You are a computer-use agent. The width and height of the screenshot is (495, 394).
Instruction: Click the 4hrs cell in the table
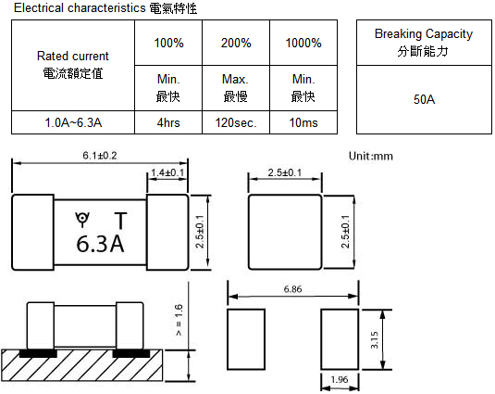tap(168, 122)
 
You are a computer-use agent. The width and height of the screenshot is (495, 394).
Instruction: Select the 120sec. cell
tap(236, 122)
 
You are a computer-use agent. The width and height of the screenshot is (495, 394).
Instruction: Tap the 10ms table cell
tap(303, 122)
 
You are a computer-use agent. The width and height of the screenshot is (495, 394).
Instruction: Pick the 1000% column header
tap(303, 43)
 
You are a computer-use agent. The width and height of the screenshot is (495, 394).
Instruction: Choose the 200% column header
tap(236, 43)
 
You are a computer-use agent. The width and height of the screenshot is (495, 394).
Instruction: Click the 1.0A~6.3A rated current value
tap(73, 122)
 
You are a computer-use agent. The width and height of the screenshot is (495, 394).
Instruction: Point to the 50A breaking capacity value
tap(424, 99)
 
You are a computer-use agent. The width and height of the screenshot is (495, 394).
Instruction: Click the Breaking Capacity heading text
tap(424, 33)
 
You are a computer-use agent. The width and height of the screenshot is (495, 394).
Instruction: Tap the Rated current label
tap(72, 56)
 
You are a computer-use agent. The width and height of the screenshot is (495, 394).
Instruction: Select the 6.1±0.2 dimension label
tap(100, 156)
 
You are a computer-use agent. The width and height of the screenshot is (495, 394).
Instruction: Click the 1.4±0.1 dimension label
tap(167, 172)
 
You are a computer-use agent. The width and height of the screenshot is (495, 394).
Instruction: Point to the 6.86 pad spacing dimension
tap(292, 289)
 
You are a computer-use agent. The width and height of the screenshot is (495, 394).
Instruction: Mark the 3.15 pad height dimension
tap(374, 340)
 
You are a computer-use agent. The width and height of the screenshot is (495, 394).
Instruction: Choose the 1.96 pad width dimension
tap(340, 379)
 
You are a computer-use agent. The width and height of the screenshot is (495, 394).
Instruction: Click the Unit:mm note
tap(371, 156)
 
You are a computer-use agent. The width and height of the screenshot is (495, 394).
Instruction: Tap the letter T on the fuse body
tap(120, 221)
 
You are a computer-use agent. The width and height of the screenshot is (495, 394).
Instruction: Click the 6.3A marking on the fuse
tap(100, 244)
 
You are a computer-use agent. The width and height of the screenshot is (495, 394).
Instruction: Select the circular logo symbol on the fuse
tap(82, 218)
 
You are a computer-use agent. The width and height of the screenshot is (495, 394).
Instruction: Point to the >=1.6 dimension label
tap(179, 320)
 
